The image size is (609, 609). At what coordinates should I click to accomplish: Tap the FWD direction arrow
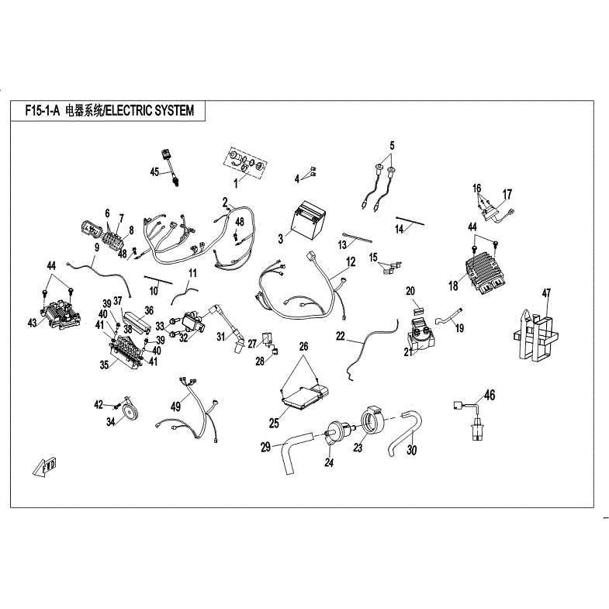45,466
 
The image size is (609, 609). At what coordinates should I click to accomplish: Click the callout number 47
546,292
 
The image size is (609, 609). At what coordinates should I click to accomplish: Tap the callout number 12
351,261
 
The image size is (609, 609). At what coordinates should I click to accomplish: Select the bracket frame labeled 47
535,335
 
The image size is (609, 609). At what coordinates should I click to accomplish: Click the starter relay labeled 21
421,333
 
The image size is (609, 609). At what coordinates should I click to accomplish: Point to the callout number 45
154,171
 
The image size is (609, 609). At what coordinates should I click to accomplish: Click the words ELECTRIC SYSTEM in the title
150,111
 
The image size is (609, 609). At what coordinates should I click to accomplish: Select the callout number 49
175,407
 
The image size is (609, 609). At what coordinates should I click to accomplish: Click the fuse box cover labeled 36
137,321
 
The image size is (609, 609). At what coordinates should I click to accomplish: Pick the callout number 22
341,336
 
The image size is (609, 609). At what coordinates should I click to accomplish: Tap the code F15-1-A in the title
43,111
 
